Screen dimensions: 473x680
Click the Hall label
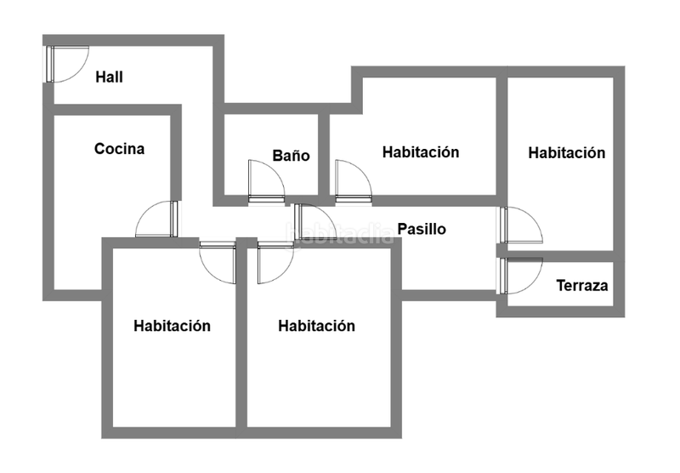pyautogui.click(x=110, y=77)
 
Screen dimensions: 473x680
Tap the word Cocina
pyautogui.click(x=119, y=149)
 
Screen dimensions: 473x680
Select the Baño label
pyautogui.click(x=291, y=156)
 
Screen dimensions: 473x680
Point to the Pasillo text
pyautogui.click(x=422, y=229)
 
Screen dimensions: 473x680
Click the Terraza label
pyautogui.click(x=582, y=286)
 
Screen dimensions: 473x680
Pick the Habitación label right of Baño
pyautogui.click(x=421, y=152)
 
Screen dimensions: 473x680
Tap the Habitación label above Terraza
pyautogui.click(x=567, y=153)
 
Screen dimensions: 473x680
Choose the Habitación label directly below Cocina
pyautogui.click(x=173, y=326)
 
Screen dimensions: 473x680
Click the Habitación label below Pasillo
pyautogui.click(x=316, y=326)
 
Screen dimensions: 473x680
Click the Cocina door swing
pyautogui.click(x=158, y=219)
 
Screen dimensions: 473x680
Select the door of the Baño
pyautogui.click(x=266, y=181)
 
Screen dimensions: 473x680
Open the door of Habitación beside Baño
pyautogui.click(x=352, y=181)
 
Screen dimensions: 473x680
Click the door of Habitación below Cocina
pyautogui.click(x=218, y=261)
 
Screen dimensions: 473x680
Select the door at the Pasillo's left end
pyautogui.click(x=315, y=224)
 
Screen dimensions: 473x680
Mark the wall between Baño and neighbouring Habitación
pyautogui.click(x=325, y=153)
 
